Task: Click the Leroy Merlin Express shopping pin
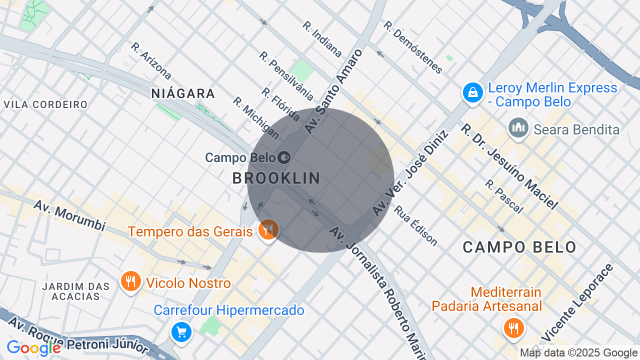[472, 92]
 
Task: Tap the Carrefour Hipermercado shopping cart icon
[181, 331]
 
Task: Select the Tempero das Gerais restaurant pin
[268, 230]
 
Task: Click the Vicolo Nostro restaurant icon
[130, 281]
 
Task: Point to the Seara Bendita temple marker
[518, 127]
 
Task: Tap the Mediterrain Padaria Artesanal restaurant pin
[513, 328]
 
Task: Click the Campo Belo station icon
[284, 158]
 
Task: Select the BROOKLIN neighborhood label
[276, 178]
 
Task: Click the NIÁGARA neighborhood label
[183, 93]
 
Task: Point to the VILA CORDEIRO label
[45, 104]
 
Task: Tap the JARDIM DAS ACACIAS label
[76, 291]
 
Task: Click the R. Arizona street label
[151, 61]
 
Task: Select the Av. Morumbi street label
[69, 215]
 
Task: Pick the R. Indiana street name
[322, 39]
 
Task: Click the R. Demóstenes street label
[413, 47]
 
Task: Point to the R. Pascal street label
[504, 196]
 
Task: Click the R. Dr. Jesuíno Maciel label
[509, 166]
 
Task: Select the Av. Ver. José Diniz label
[410, 172]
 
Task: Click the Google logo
[33, 348]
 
